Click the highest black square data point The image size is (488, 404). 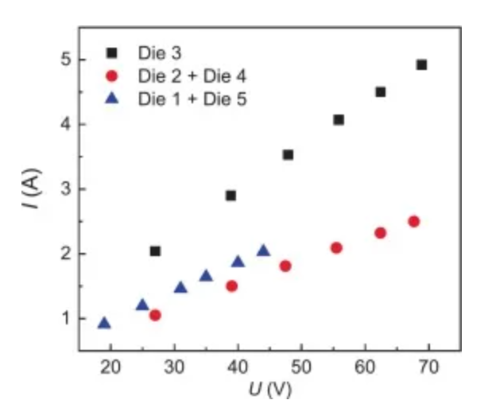(x=421, y=64)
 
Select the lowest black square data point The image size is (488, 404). (x=155, y=251)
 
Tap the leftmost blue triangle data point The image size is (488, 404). (x=104, y=323)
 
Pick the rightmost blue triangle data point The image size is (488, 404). (x=263, y=251)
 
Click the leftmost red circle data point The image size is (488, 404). (x=155, y=315)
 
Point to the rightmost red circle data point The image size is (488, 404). (x=413, y=222)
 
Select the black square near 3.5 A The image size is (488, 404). (x=288, y=154)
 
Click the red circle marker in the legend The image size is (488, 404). (x=112, y=76)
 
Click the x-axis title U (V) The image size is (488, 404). (x=268, y=389)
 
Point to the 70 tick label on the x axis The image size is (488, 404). (x=428, y=367)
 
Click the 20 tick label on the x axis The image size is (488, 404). (x=110, y=367)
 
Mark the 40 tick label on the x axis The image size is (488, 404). (x=238, y=367)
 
